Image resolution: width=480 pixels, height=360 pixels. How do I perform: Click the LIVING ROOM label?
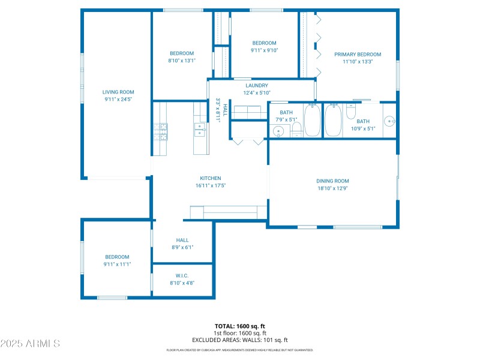pyautogui.click(x=118, y=92)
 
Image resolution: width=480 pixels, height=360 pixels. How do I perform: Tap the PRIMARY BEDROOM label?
pyautogui.click(x=358, y=55)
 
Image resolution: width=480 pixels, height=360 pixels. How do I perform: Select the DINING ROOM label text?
pyautogui.click(x=332, y=181)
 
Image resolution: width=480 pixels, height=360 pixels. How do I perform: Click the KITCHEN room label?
pyautogui.click(x=210, y=178)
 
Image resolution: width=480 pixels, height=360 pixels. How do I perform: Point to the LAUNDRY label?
pyautogui.click(x=256, y=86)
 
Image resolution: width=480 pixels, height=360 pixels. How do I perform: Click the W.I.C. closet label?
pyautogui.click(x=182, y=275)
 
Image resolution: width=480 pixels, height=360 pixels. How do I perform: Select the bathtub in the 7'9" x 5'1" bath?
pyautogui.click(x=312, y=121)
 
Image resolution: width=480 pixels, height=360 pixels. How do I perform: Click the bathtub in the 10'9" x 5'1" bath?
pyautogui.click(x=333, y=121)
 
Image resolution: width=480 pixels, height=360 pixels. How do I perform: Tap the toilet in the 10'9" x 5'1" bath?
pyautogui.click(x=352, y=112)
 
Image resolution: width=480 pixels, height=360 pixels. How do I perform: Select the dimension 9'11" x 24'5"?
pyautogui.click(x=118, y=99)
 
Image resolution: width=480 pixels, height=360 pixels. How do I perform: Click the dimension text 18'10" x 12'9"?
pyautogui.click(x=332, y=188)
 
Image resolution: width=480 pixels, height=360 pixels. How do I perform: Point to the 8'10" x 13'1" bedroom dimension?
pyautogui.click(x=181, y=61)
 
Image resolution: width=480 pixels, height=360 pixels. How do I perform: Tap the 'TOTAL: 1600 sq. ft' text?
pyautogui.click(x=240, y=326)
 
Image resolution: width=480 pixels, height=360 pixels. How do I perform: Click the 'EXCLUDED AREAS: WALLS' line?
pyautogui.click(x=240, y=340)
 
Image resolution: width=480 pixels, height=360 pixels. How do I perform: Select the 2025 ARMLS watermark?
pyautogui.click(x=30, y=344)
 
